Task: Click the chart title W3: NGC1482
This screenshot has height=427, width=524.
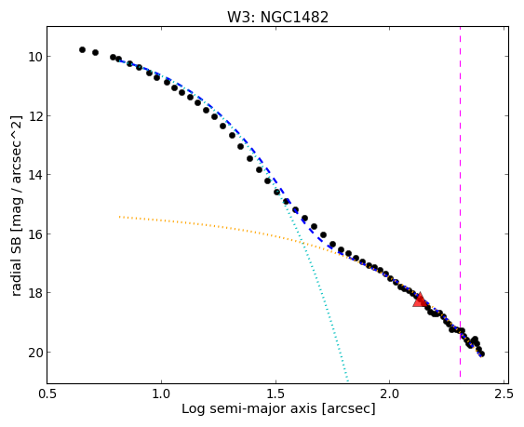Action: (277, 17)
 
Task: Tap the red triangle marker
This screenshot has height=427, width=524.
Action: (420, 300)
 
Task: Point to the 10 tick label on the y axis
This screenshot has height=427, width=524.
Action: (34, 57)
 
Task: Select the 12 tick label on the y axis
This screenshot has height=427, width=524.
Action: (34, 115)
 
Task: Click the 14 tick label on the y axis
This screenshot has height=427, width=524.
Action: (34, 175)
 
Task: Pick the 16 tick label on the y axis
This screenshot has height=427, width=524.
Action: (34, 234)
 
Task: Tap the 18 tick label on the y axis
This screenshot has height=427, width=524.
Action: (34, 293)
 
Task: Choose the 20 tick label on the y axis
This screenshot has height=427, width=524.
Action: (34, 353)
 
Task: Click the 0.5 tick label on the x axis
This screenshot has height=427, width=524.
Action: (47, 394)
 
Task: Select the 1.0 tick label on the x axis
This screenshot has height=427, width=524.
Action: (161, 394)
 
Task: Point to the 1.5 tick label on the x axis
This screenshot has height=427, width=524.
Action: (275, 394)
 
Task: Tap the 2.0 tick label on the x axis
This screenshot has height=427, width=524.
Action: (390, 394)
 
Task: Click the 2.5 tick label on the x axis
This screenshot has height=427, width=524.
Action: (504, 394)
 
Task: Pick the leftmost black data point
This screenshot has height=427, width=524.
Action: (82, 50)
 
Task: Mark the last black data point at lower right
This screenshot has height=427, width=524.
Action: (481, 354)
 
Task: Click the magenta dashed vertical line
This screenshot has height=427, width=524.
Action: (460, 205)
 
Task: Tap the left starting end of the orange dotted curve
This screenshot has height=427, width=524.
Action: (120, 217)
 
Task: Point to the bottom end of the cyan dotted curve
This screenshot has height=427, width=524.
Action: (348, 380)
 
